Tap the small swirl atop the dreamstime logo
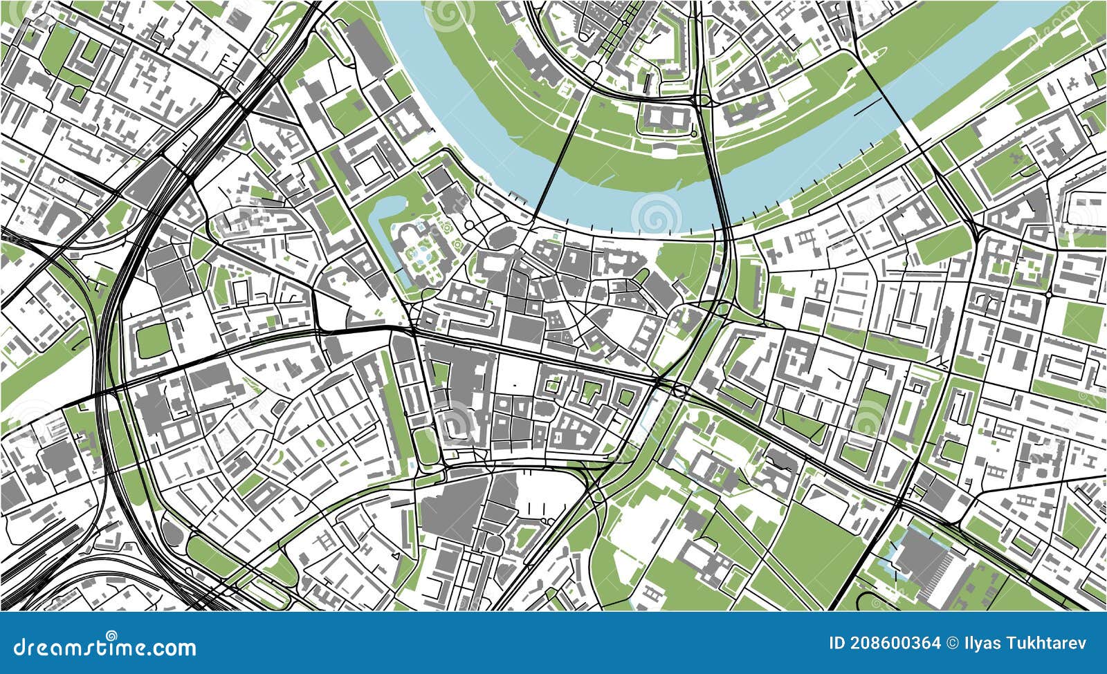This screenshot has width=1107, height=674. point(111,635)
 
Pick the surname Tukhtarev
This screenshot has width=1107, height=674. point(1045,644)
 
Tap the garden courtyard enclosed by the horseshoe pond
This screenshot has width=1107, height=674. point(422,252)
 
